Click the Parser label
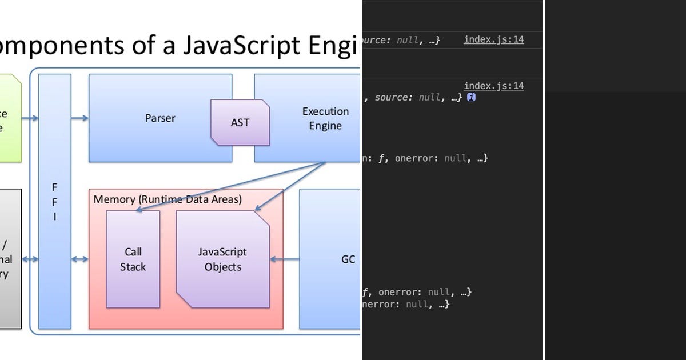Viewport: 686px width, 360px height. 160,118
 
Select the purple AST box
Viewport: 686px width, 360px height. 240,122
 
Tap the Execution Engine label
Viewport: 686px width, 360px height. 325,118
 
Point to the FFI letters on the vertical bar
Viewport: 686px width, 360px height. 55,202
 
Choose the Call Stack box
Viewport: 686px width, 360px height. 133,259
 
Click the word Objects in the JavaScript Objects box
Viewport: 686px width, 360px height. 223,267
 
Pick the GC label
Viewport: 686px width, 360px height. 348,259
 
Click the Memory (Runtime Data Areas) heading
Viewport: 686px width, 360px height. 167,199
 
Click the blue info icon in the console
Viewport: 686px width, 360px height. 471,98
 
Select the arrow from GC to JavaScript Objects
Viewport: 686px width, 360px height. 285,259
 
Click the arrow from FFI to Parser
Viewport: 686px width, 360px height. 80,118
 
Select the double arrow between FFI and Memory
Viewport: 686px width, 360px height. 80,259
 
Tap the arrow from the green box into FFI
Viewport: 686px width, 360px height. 30,118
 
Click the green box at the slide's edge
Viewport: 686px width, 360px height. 10,118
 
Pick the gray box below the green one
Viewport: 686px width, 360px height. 10,259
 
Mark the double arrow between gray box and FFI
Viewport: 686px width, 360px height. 30,259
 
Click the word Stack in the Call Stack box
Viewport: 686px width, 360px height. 133,267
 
